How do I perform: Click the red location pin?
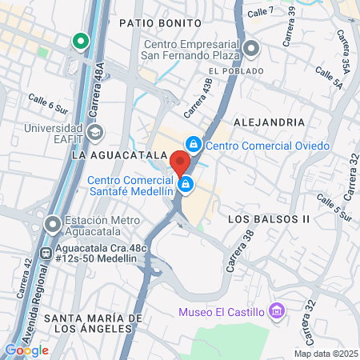click(x=180, y=162)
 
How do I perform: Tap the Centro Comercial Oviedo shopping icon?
click(x=193, y=145)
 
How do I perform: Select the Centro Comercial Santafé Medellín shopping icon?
click(x=186, y=186)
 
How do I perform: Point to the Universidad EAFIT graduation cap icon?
click(x=95, y=131)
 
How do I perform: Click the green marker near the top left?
click(x=79, y=41)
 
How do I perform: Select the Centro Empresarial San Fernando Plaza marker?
click(x=251, y=50)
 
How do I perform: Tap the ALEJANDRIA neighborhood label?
click(x=269, y=122)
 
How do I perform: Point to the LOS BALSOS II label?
click(x=268, y=218)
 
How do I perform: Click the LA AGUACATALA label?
click(x=112, y=154)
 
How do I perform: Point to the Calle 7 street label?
click(x=260, y=11)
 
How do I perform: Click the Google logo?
click(x=26, y=350)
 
